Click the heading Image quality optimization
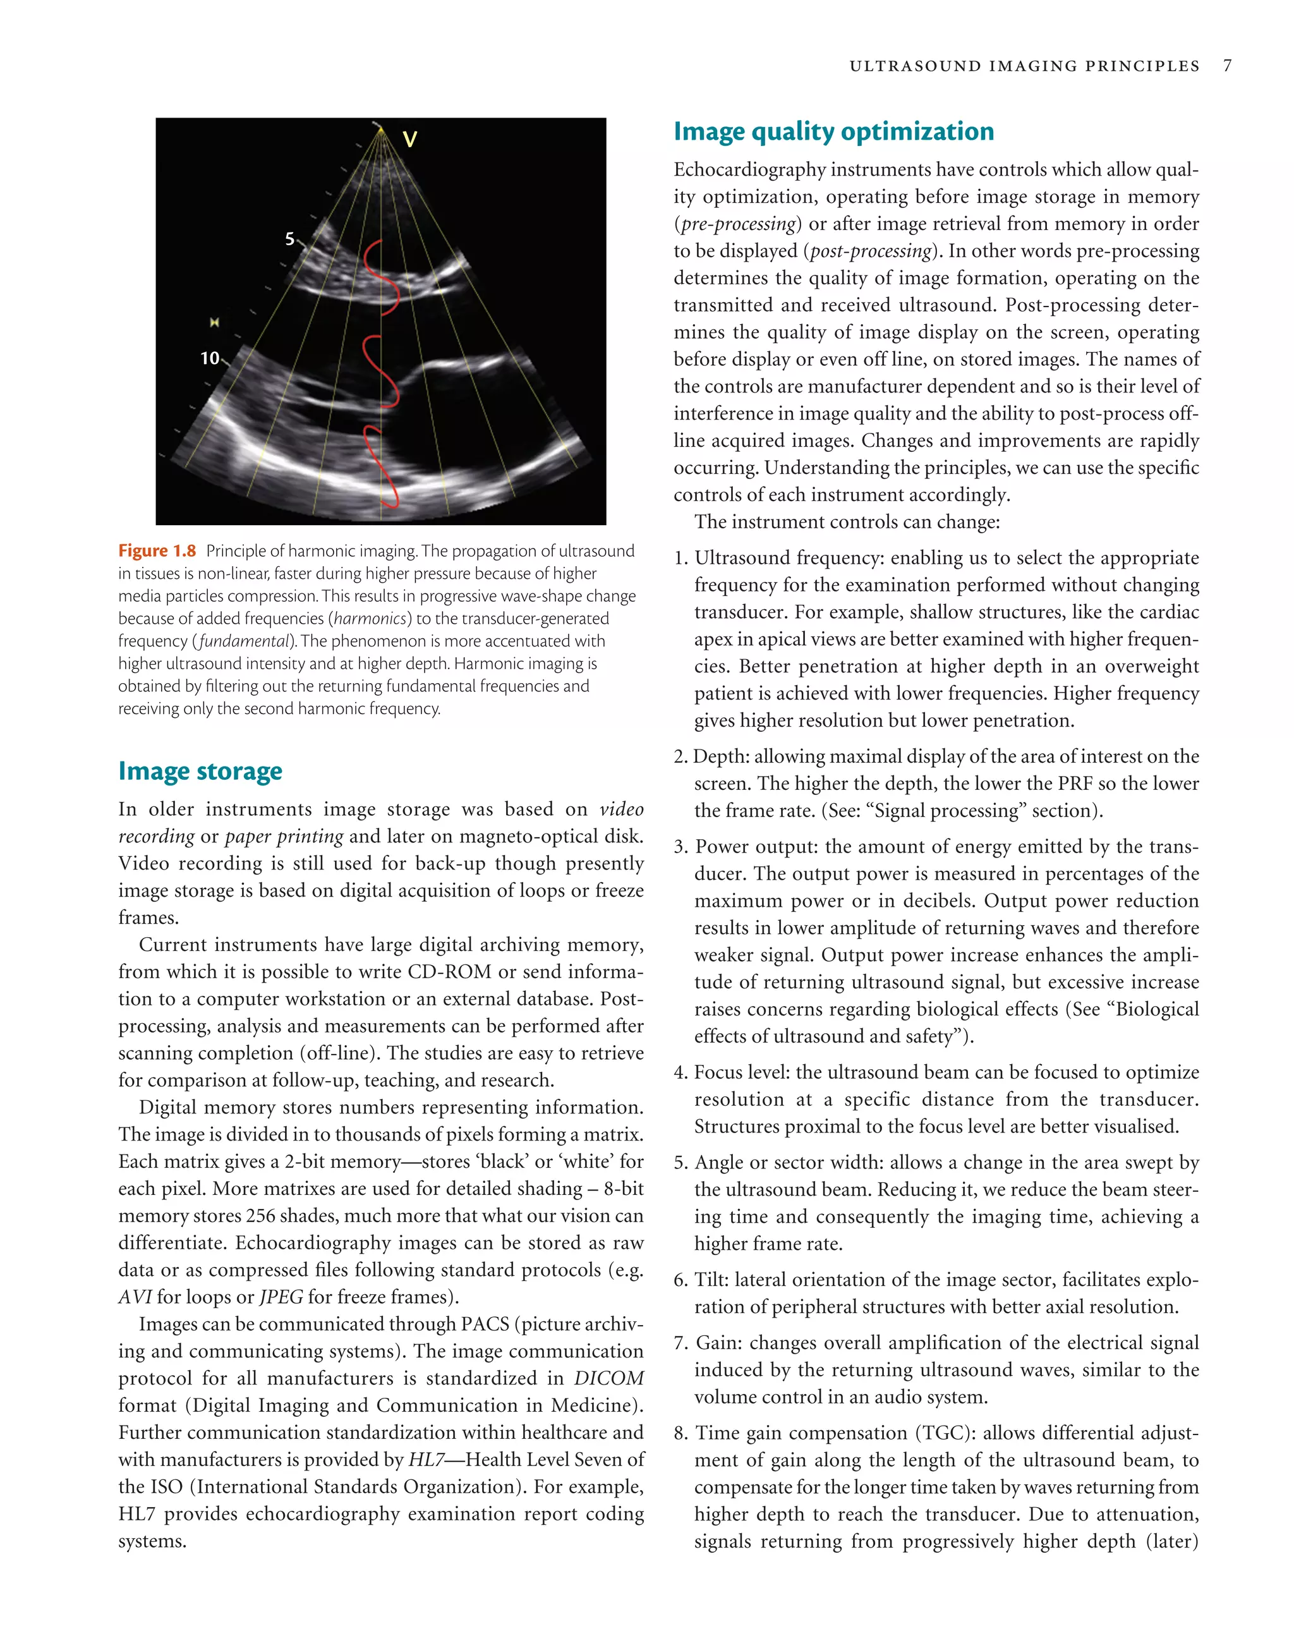(833, 131)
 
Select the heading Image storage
(200, 771)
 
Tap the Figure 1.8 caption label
(157, 551)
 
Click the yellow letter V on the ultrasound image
(409, 139)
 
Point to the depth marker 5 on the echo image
(289, 239)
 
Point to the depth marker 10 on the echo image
(210, 358)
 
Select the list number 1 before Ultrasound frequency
(679, 558)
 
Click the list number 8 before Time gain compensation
(680, 1433)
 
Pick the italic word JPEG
(281, 1297)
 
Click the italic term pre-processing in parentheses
(738, 224)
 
